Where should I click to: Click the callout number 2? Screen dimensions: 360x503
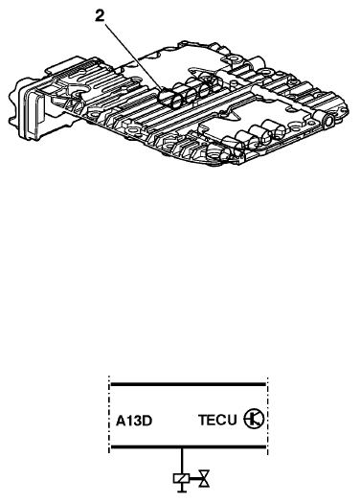[x=100, y=16]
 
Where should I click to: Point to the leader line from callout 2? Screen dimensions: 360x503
[x=134, y=57]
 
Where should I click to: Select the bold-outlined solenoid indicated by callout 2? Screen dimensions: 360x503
[x=170, y=99]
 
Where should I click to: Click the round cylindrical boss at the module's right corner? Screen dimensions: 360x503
[x=328, y=122]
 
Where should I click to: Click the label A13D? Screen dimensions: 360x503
[x=134, y=421]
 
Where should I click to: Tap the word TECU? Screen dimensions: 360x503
[x=217, y=420]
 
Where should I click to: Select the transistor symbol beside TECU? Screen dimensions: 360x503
[x=254, y=419]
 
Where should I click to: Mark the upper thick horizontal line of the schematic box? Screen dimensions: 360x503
[x=189, y=384]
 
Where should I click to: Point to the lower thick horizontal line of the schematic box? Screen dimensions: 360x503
[x=189, y=446]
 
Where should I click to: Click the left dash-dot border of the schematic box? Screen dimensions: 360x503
[x=109, y=415]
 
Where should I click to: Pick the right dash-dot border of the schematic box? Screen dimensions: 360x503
[x=267, y=416]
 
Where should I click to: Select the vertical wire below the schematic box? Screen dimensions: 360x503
[x=182, y=461]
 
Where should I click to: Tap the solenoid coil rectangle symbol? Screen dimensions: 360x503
[x=182, y=478]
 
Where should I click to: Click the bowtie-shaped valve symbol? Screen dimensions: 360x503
[x=204, y=479]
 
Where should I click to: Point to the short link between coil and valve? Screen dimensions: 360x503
[x=194, y=479]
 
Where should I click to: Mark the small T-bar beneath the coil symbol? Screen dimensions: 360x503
[x=182, y=488]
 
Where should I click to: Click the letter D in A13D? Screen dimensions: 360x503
[x=146, y=421]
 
